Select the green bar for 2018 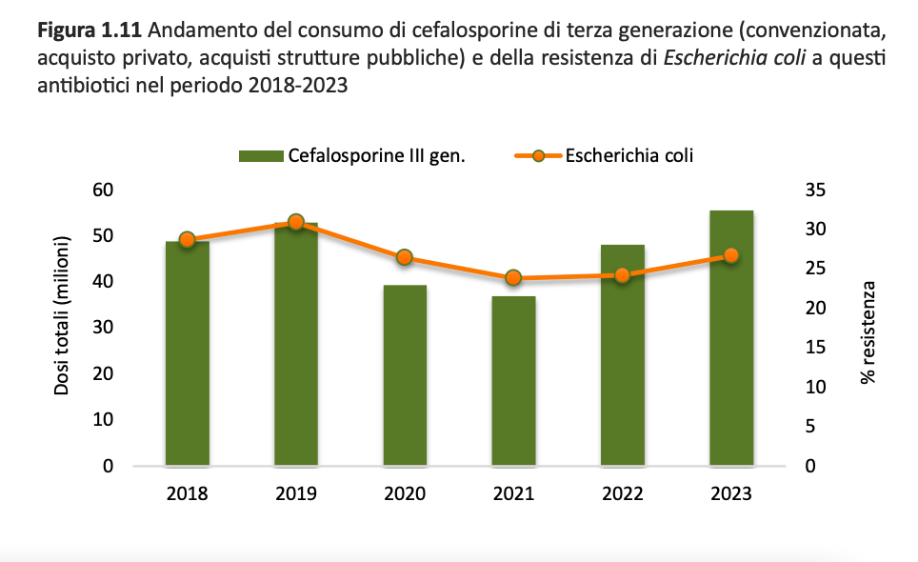pyautogui.click(x=187, y=362)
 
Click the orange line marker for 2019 pyautogui.click(x=295, y=222)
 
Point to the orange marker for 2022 pyautogui.click(x=622, y=275)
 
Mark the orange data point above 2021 pyautogui.click(x=513, y=278)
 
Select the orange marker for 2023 pyautogui.click(x=731, y=255)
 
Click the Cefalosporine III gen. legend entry pyautogui.click(x=376, y=156)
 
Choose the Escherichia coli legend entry pyautogui.click(x=629, y=155)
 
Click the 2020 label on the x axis pyautogui.click(x=405, y=494)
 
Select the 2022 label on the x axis pyautogui.click(x=622, y=494)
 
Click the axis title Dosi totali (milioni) pyautogui.click(x=63, y=315)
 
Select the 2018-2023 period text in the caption pyautogui.click(x=296, y=85)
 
